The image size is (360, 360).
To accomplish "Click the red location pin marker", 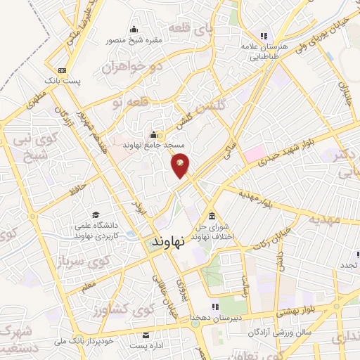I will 181,166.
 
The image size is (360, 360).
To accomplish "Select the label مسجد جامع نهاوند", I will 154,146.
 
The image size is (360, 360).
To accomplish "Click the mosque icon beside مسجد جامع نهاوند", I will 154,135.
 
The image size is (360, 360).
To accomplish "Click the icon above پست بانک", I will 62,71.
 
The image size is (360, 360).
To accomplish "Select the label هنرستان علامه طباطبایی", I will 265,51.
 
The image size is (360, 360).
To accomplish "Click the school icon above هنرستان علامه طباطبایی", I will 264,35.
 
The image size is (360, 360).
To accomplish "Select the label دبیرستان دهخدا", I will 215,317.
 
